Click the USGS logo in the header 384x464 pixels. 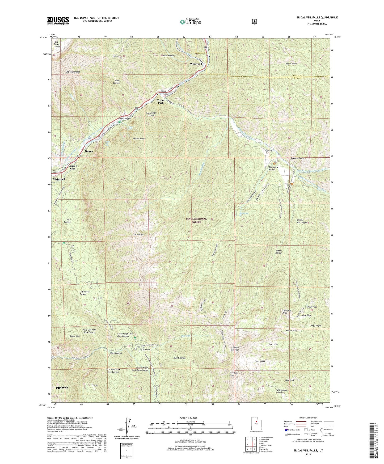(x=58, y=20)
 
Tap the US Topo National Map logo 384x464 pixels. (x=190, y=22)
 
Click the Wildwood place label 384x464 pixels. (x=196, y=64)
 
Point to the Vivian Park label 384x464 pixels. (x=161, y=102)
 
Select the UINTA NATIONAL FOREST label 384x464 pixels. (x=196, y=220)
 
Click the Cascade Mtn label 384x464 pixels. (x=138, y=234)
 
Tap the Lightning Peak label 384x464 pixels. (x=286, y=311)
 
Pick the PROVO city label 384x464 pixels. (x=62, y=388)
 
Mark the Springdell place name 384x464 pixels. (x=59, y=179)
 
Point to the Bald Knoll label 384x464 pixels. (x=290, y=380)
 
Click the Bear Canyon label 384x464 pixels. (x=291, y=64)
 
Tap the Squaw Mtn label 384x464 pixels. (x=74, y=336)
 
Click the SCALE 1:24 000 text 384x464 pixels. (x=188, y=418)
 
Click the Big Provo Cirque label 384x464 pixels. (x=57, y=44)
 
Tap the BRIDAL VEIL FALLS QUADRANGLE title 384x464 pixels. (x=317, y=18)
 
